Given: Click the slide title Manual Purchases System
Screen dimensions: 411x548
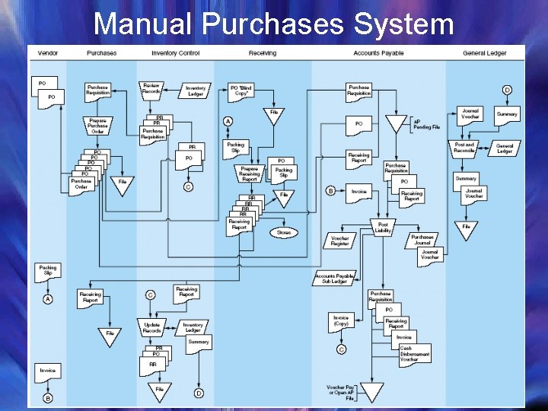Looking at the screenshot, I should [x=273, y=24].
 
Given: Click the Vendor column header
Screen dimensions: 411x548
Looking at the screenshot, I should [x=48, y=53].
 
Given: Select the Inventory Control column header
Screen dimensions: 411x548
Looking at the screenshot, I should [x=175, y=53].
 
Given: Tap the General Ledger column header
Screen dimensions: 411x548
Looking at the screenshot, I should [x=485, y=53].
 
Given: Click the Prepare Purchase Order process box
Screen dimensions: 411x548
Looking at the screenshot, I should [x=97, y=126].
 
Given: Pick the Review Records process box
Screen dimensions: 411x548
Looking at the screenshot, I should [x=151, y=89].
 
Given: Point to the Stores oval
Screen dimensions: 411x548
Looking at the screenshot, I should [x=284, y=232].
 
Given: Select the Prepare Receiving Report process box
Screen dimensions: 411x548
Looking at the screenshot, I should [x=250, y=174].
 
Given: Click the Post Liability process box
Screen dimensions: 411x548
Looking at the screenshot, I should [x=383, y=227].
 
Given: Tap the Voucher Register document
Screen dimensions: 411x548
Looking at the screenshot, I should [x=340, y=241].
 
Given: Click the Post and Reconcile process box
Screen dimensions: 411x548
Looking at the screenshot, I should [x=464, y=148].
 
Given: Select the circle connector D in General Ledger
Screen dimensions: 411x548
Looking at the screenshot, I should [x=507, y=90].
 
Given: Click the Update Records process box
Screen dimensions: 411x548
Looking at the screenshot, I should [x=151, y=327].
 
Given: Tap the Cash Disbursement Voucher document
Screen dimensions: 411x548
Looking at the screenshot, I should [x=414, y=354].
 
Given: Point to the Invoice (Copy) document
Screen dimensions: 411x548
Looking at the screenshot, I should [x=341, y=321].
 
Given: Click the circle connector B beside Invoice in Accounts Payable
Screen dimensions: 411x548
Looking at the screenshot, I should [x=330, y=191].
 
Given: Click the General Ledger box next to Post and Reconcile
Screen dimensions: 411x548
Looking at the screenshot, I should [x=505, y=148].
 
